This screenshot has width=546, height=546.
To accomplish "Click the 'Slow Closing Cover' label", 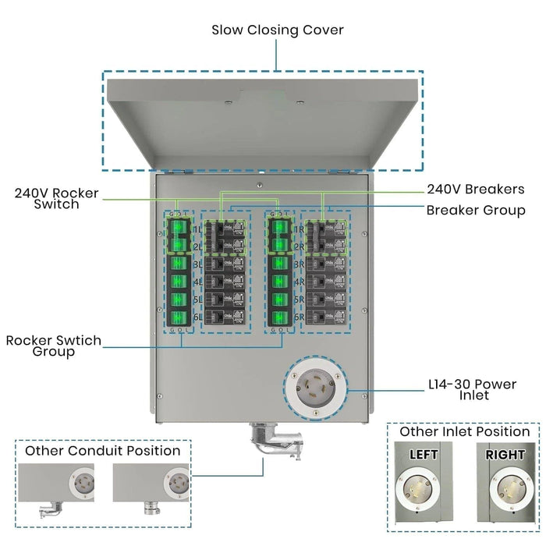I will [278, 30].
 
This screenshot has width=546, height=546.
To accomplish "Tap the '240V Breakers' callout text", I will [475, 190].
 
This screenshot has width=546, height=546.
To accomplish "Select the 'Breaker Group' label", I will [475, 211].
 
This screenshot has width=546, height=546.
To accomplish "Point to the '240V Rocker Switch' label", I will [57, 198].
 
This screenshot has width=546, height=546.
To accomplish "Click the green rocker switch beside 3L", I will [178, 264].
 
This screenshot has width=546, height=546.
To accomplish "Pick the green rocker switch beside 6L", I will [178, 317].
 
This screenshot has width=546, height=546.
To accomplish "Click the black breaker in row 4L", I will [224, 282].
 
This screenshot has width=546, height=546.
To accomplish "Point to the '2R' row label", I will [298, 246].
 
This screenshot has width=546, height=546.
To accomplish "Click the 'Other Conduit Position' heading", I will [102, 451].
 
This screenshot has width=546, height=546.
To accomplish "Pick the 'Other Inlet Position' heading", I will [464, 431].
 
